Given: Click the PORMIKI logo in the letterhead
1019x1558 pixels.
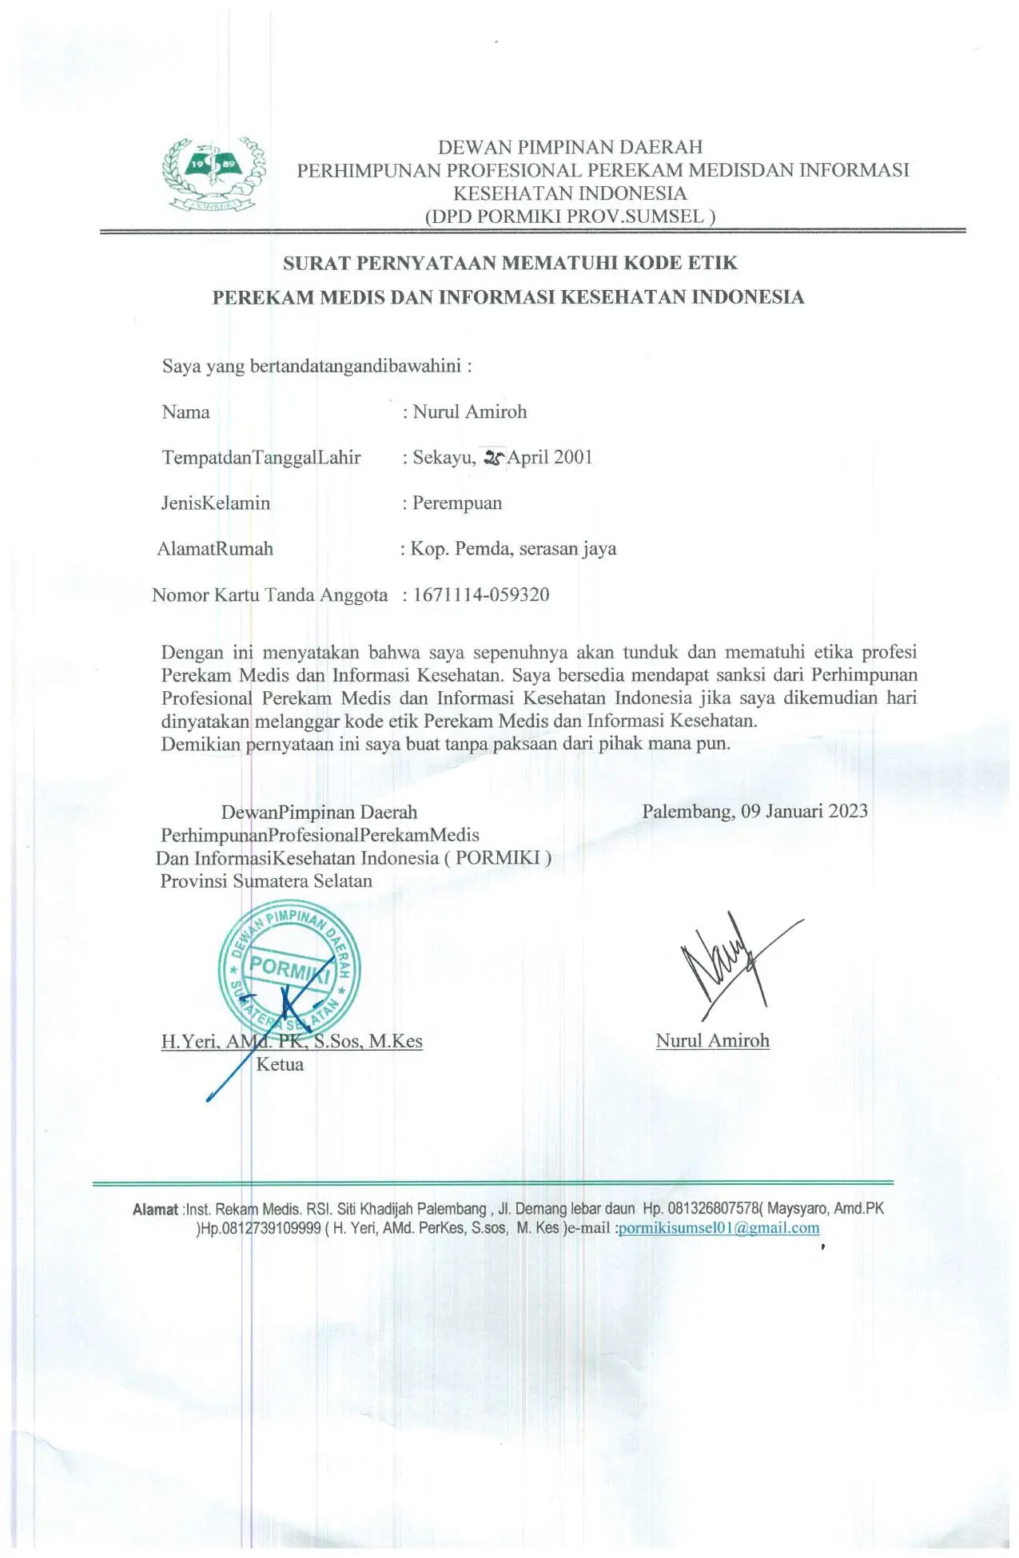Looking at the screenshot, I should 213,174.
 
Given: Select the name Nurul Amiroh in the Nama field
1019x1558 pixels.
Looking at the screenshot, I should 470,412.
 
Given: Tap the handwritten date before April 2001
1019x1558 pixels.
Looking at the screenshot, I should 494,458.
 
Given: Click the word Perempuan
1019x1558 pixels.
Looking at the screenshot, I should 457,503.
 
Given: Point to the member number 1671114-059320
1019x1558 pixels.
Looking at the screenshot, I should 481,594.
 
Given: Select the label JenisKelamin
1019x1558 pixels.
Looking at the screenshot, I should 216,503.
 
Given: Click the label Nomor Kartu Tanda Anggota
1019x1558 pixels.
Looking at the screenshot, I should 269,595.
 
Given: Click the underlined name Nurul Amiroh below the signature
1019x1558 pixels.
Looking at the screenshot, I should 712,1041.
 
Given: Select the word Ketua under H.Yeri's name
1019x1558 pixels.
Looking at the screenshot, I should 280,1065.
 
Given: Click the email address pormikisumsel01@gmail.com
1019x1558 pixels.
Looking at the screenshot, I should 719,1228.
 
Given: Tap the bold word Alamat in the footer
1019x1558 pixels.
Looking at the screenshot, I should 155,1210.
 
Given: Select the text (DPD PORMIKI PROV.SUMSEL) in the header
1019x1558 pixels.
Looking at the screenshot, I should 570,217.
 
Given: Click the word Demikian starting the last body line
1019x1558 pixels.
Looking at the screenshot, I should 201,745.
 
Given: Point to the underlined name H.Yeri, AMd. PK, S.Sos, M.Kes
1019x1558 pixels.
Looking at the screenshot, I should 292,1042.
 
